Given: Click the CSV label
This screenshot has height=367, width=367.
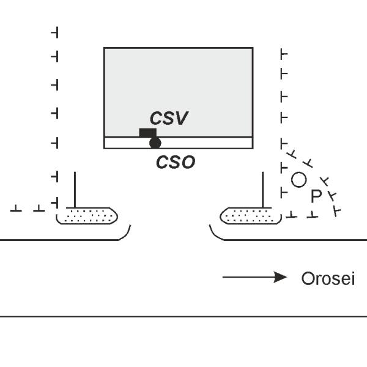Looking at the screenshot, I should (x=168, y=118).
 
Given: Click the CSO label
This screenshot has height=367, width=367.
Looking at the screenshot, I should (x=175, y=162).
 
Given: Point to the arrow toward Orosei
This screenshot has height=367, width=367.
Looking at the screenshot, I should (x=254, y=278).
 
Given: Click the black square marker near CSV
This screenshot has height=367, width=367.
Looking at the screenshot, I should (x=147, y=133).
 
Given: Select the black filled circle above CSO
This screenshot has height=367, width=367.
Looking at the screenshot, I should (x=155, y=143).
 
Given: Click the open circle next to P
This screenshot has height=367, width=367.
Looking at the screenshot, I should (x=298, y=179).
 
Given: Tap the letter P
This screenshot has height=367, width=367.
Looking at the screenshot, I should (x=316, y=196).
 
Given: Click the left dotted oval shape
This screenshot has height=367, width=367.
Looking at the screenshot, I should (x=87, y=215).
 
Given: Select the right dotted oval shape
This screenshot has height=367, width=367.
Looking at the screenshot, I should (x=247, y=215).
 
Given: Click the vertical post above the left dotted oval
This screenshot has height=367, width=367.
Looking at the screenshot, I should (x=75, y=190).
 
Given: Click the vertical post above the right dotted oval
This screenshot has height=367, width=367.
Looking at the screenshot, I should (x=262, y=190).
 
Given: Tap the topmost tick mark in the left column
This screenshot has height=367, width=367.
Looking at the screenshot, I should (x=55, y=31).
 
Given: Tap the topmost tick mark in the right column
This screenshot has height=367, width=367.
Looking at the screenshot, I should (x=283, y=54).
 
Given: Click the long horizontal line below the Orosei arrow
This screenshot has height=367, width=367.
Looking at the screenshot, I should (x=183, y=316).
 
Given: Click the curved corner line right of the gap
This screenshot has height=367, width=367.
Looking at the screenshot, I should (x=213, y=233).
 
